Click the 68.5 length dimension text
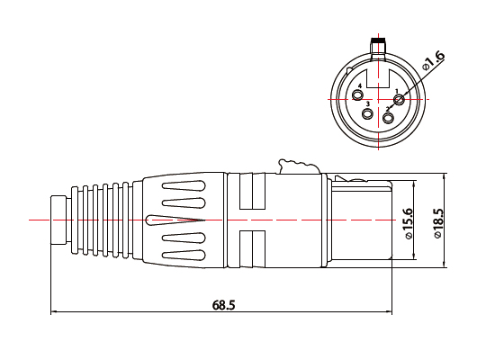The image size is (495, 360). pyautogui.click(x=224, y=305)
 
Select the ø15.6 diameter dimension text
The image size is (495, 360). pyautogui.click(x=409, y=222)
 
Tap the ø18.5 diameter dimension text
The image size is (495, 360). pyautogui.click(x=438, y=224)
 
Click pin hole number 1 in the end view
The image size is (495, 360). pyautogui.click(x=400, y=99)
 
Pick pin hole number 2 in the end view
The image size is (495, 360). pyautogui.click(x=389, y=115)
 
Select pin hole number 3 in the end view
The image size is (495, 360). pyautogui.click(x=367, y=114)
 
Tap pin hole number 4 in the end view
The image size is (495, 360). pyautogui.click(x=359, y=98)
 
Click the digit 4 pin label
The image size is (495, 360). pyautogui.click(x=360, y=87)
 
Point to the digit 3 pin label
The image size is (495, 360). pyautogui.click(x=368, y=104)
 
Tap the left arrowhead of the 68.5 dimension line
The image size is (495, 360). pyautogui.click(x=55, y=312)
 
